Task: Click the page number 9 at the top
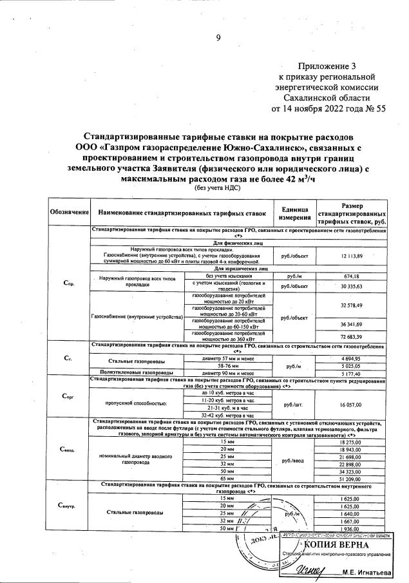tap(218, 37)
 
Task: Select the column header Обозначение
tap(68, 212)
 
